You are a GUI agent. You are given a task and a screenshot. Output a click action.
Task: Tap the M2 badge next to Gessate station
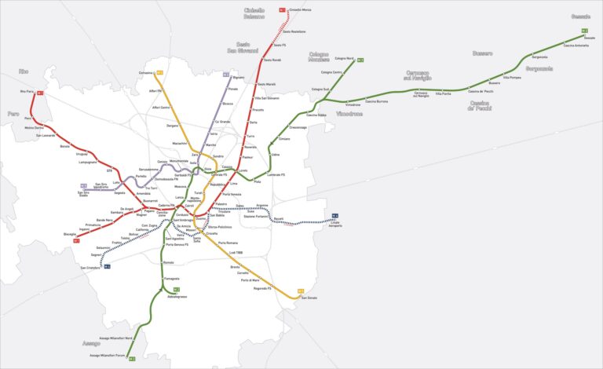click(584, 31)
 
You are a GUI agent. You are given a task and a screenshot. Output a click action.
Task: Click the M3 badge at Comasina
click(159, 72)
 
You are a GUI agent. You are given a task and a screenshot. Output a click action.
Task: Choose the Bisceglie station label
click(70, 234)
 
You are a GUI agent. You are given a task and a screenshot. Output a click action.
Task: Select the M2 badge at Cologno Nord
click(360, 60)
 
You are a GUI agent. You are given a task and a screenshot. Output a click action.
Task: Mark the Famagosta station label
click(171, 279)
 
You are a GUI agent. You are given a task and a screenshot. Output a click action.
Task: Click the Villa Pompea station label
click(512, 78)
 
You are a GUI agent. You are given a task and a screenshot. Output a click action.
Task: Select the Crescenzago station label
click(298, 127)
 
